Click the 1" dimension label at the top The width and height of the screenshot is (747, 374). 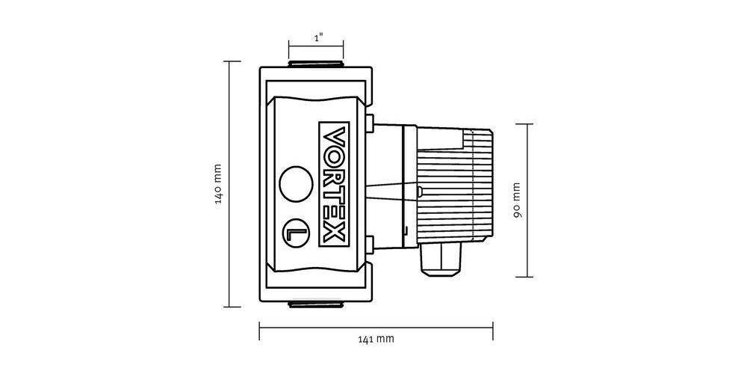click(x=318, y=37)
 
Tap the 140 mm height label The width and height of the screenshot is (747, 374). click(x=217, y=184)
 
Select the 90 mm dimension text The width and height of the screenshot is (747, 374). click(x=516, y=200)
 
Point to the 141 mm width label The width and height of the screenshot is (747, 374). click(x=375, y=339)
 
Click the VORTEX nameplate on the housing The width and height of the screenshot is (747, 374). click(x=333, y=184)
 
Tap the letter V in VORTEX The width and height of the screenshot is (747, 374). click(x=333, y=137)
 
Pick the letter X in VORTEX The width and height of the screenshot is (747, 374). click(x=333, y=234)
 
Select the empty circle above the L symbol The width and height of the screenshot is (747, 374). click(x=294, y=183)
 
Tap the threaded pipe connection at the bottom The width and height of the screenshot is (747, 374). click(x=317, y=304)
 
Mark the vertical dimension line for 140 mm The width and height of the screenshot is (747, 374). click(x=230, y=184)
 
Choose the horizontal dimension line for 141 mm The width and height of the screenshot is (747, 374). click(x=375, y=324)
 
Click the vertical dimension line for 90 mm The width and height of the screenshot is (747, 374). click(x=530, y=200)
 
